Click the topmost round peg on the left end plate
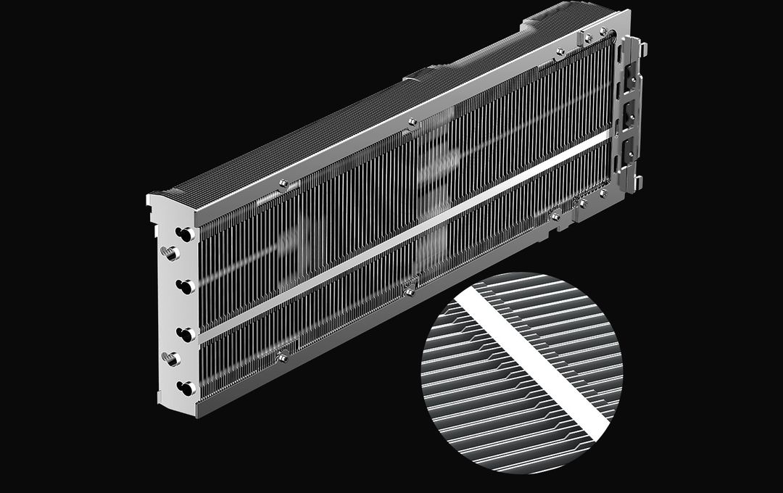[184, 234]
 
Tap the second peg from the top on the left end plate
[186, 286]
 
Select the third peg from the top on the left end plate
[186, 334]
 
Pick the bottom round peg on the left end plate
[186, 389]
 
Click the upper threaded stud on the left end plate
[170, 253]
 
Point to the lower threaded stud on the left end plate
[171, 358]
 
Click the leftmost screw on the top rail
[283, 183]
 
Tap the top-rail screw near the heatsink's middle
[413, 122]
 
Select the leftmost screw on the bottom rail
[283, 357]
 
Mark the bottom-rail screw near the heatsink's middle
[410, 292]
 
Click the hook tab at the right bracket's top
[641, 49]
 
